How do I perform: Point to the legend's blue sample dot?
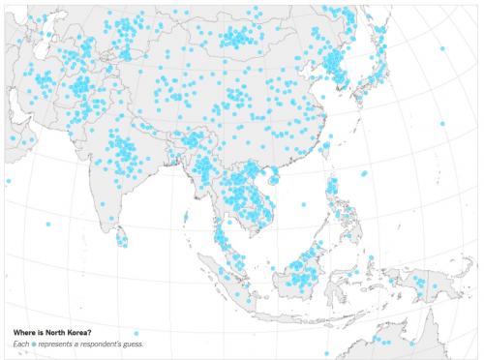34,345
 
